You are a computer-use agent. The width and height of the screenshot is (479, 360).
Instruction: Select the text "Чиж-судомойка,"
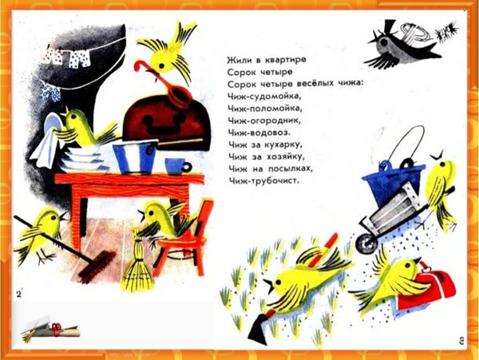[x=264, y=96]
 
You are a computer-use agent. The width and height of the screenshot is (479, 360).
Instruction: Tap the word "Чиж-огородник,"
[x=264, y=121]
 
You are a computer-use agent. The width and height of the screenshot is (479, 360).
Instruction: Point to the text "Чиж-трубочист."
[x=263, y=181]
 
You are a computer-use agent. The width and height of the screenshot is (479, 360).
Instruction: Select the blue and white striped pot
[x=136, y=156]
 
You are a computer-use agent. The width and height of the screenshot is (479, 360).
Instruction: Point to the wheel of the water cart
[x=367, y=243]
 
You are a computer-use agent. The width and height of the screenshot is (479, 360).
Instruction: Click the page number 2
[x=19, y=294]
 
